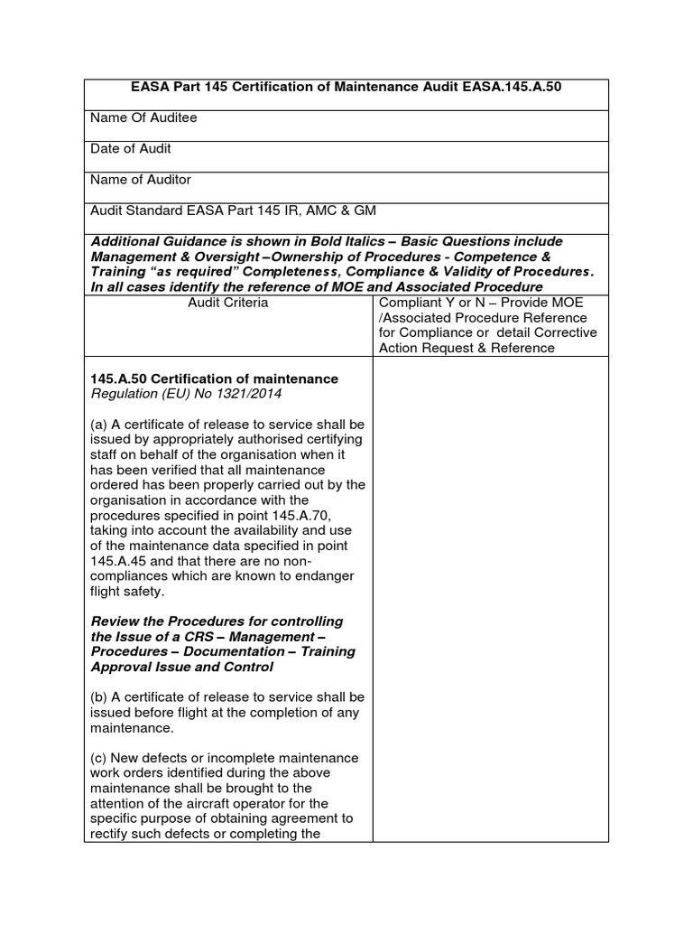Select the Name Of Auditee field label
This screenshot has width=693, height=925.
click(143, 117)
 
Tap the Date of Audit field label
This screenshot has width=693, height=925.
click(131, 148)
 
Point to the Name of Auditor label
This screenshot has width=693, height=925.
click(141, 179)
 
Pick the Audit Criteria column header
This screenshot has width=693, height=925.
click(227, 303)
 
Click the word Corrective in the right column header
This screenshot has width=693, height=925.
click(564, 333)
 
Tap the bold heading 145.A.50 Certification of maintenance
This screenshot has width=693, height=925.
click(215, 378)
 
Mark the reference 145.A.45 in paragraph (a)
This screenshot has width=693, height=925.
click(116, 561)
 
